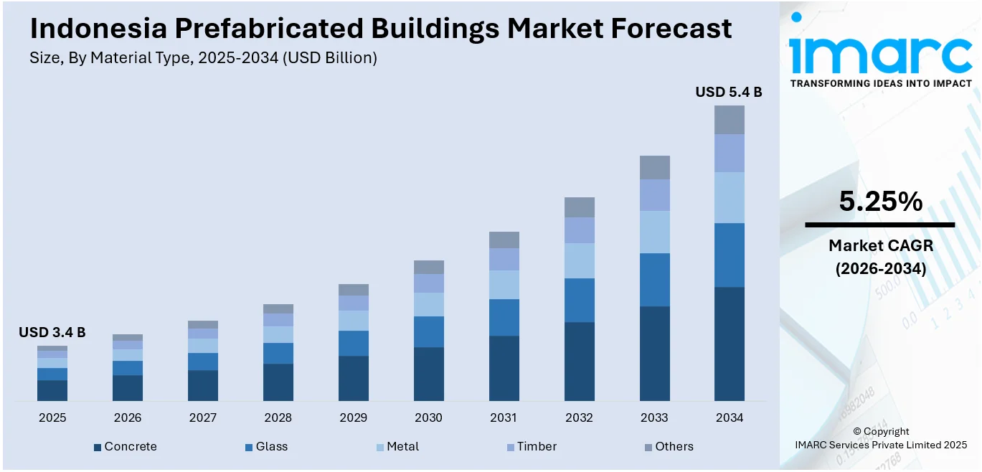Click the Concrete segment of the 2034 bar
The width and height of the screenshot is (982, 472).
click(x=729, y=344)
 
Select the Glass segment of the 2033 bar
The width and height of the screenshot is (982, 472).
click(x=654, y=280)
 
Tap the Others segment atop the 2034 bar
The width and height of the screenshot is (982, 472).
click(x=729, y=120)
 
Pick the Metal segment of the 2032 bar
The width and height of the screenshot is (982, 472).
click(x=579, y=260)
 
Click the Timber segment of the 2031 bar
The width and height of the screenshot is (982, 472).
click(x=504, y=259)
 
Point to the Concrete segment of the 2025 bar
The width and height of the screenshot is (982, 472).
click(x=52, y=390)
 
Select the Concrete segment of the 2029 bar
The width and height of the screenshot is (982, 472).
click(x=353, y=378)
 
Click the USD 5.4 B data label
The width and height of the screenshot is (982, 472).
click(x=728, y=92)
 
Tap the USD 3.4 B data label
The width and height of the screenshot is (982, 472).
click(x=52, y=332)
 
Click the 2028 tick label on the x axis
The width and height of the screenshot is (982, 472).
click(x=278, y=417)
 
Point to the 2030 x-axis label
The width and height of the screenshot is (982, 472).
click(x=428, y=417)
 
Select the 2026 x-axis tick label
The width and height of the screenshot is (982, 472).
click(x=128, y=417)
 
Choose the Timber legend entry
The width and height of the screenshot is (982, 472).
click(x=537, y=446)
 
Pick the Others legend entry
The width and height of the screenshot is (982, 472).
click(x=674, y=446)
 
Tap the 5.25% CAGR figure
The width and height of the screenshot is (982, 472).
click(x=880, y=202)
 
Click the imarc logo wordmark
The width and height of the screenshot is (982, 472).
click(x=880, y=52)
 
